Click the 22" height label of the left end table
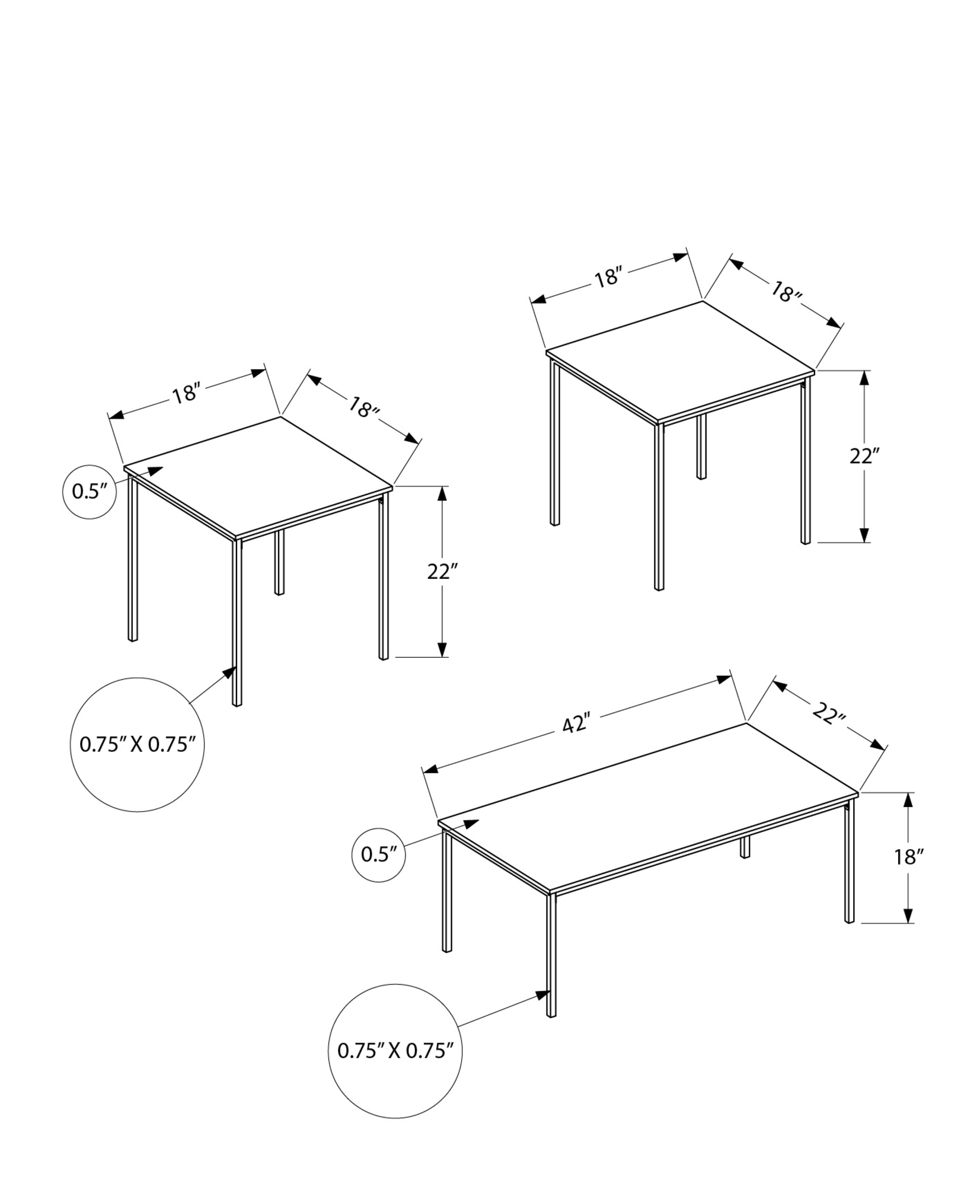point(443,572)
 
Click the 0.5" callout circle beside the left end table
point(89,492)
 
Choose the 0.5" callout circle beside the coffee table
point(379,855)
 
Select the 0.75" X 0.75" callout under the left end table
point(138,744)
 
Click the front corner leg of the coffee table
point(551,961)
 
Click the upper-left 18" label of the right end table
point(607,277)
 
